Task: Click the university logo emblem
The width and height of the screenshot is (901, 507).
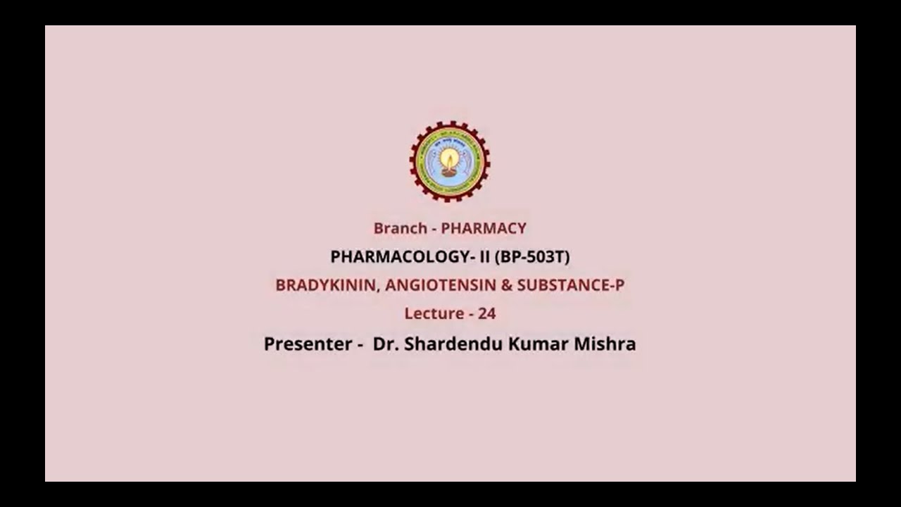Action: tap(450, 162)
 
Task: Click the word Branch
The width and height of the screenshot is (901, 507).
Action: tap(401, 228)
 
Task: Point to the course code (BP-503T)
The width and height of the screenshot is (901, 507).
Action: tap(532, 257)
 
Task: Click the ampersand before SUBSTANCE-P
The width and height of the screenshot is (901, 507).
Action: tap(506, 285)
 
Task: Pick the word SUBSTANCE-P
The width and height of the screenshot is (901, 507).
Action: tap(571, 285)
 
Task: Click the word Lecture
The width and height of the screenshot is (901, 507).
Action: tap(434, 313)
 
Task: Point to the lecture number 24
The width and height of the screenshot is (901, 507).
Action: tap(487, 313)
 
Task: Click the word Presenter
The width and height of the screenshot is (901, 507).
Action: tap(308, 344)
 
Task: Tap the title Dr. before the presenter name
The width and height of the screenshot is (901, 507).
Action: tap(383, 344)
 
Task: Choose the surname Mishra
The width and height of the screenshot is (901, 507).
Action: tap(604, 344)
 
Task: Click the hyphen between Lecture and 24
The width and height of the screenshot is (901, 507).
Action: tap(471, 314)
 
